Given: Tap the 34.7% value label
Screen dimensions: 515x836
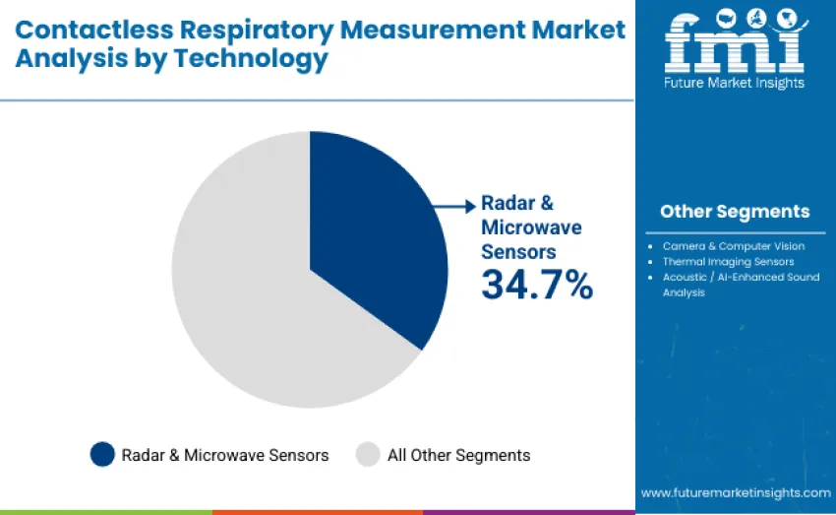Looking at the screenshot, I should (536, 285).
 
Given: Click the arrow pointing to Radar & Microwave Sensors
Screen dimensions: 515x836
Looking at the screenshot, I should (454, 206).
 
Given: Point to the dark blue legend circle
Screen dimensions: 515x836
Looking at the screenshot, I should (102, 454).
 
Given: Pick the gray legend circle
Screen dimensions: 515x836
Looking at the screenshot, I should (368, 454).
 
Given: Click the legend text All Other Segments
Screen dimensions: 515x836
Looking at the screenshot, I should (458, 455).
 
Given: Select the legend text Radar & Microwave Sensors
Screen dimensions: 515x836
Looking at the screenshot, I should (224, 455).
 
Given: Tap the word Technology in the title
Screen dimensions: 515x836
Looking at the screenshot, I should (251, 59).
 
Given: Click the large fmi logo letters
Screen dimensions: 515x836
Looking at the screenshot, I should (734, 45).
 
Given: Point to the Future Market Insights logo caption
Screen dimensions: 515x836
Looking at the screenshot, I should (734, 84).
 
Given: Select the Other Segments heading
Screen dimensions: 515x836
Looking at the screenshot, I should (735, 212).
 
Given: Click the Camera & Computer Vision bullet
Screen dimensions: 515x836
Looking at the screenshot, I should (733, 246).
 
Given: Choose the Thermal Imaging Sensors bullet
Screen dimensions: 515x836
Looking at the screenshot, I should (728, 262).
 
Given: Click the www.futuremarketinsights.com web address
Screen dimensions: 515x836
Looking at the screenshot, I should (735, 492).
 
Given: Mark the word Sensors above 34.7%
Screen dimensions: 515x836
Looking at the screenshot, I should (517, 251).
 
